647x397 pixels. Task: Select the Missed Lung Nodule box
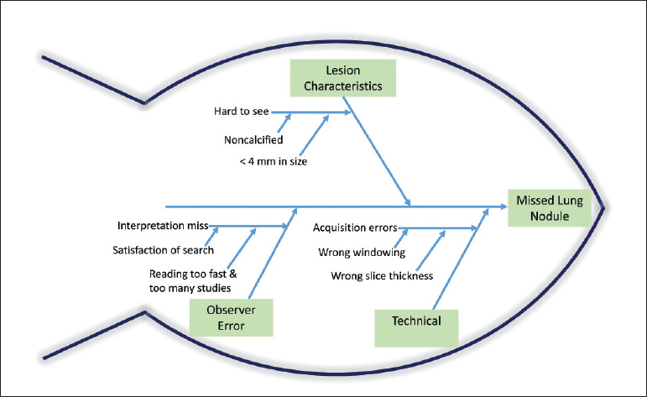[x=549, y=208]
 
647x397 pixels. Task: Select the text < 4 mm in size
[x=273, y=161]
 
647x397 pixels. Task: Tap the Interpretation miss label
[x=163, y=226]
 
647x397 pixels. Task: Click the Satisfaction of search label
[x=163, y=249]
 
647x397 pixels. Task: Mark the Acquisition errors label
[x=355, y=227]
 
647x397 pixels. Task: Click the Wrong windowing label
[x=360, y=252]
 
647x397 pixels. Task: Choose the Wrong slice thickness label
[x=375, y=274]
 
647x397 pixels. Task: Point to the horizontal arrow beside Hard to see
[x=319, y=111]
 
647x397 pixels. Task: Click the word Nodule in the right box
[x=549, y=217]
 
